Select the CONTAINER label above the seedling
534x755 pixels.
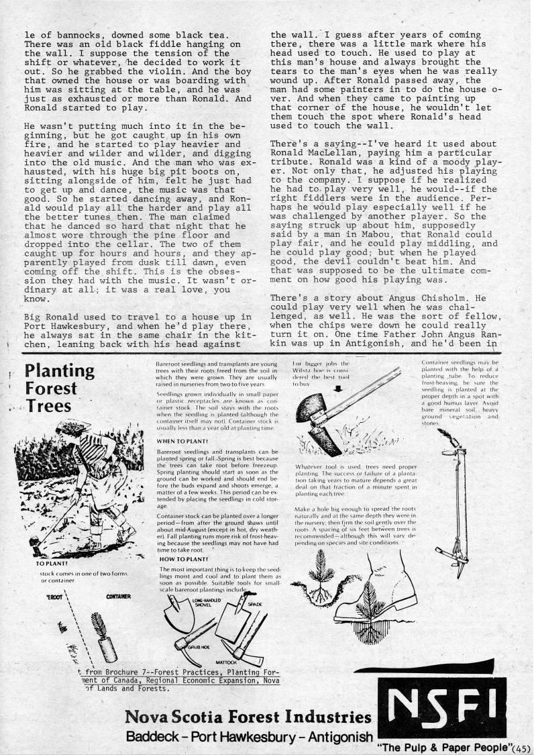(117, 596)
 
